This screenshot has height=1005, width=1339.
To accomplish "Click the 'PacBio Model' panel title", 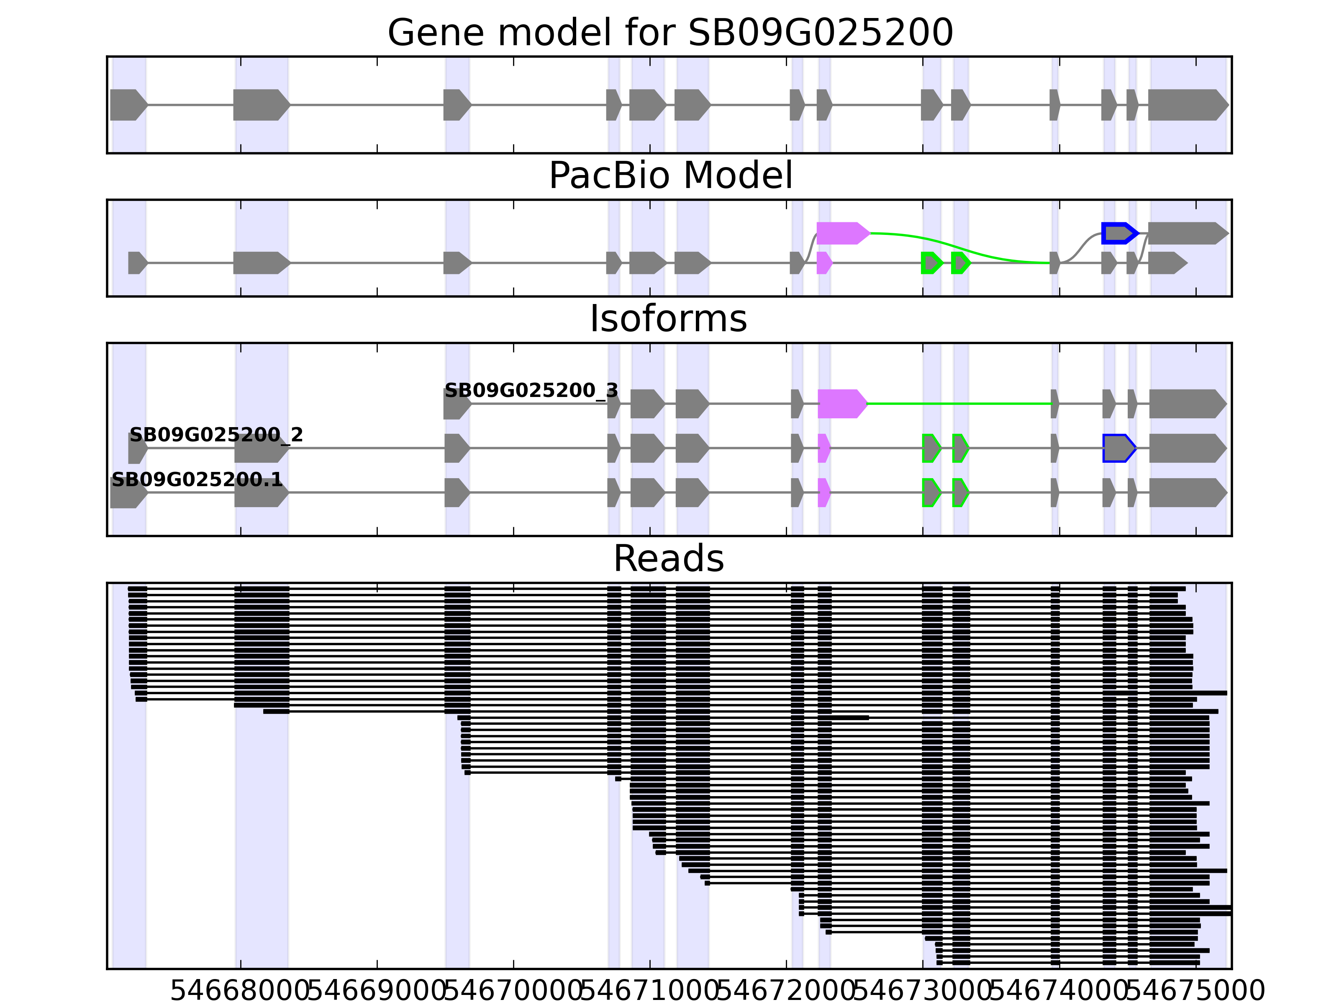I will tap(669, 176).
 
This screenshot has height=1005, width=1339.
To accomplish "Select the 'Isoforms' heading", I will tap(668, 319).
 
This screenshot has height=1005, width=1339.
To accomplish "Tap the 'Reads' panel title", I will tap(668, 559).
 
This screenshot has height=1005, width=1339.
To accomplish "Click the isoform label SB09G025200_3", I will tap(531, 391).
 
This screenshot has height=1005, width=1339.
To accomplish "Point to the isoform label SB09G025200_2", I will tap(215, 435).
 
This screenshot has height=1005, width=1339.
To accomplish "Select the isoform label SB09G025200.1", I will tap(197, 480).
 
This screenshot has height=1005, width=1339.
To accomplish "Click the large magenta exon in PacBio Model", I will tap(841, 233).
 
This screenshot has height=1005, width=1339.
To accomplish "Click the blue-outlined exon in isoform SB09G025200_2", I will tap(1118, 448).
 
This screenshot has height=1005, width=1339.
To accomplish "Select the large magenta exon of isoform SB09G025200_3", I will tap(841, 403).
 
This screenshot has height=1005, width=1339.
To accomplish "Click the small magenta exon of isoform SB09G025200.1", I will tap(823, 492).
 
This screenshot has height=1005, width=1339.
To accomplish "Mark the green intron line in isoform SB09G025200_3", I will tap(959, 403).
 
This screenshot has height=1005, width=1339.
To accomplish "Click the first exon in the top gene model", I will tap(127, 105).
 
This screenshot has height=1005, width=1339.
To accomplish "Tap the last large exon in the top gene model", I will tap(1186, 105).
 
